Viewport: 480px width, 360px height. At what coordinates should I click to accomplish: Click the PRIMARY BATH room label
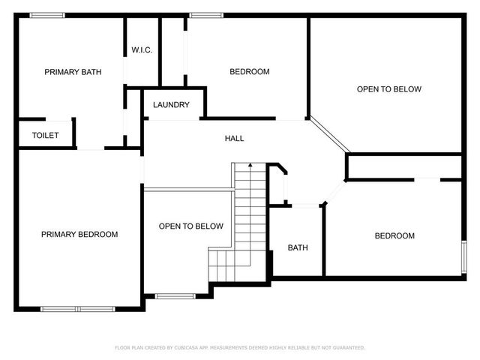click(73, 72)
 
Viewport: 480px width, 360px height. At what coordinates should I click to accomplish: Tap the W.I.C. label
click(142, 50)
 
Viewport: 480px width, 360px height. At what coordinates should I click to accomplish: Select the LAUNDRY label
click(171, 105)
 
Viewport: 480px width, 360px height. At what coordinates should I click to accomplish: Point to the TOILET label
click(45, 136)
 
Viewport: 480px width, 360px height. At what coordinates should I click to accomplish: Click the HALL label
click(234, 138)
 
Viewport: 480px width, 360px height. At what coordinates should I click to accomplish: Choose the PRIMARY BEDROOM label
click(79, 235)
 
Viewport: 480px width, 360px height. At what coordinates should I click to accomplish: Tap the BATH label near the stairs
click(298, 247)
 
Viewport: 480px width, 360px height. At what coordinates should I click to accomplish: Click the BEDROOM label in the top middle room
click(249, 72)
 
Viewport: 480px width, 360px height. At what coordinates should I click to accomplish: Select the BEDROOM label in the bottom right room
click(394, 236)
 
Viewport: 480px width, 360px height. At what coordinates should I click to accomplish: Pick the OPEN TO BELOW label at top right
click(388, 89)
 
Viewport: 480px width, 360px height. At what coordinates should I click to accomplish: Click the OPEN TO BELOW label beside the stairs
click(190, 226)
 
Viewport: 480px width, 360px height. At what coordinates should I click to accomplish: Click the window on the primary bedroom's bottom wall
click(77, 308)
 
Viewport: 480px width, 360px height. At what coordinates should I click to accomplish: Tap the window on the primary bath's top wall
click(52, 15)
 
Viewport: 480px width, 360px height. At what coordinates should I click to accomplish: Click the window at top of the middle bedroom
click(201, 15)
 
